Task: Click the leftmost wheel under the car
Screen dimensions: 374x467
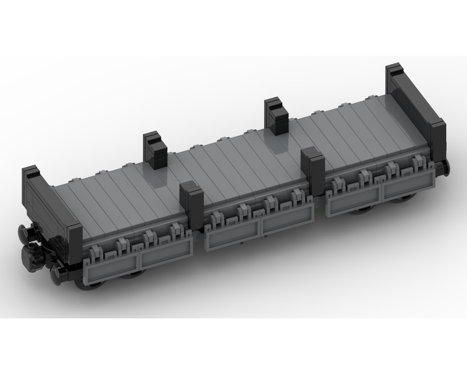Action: pyautogui.click(x=93, y=284)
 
